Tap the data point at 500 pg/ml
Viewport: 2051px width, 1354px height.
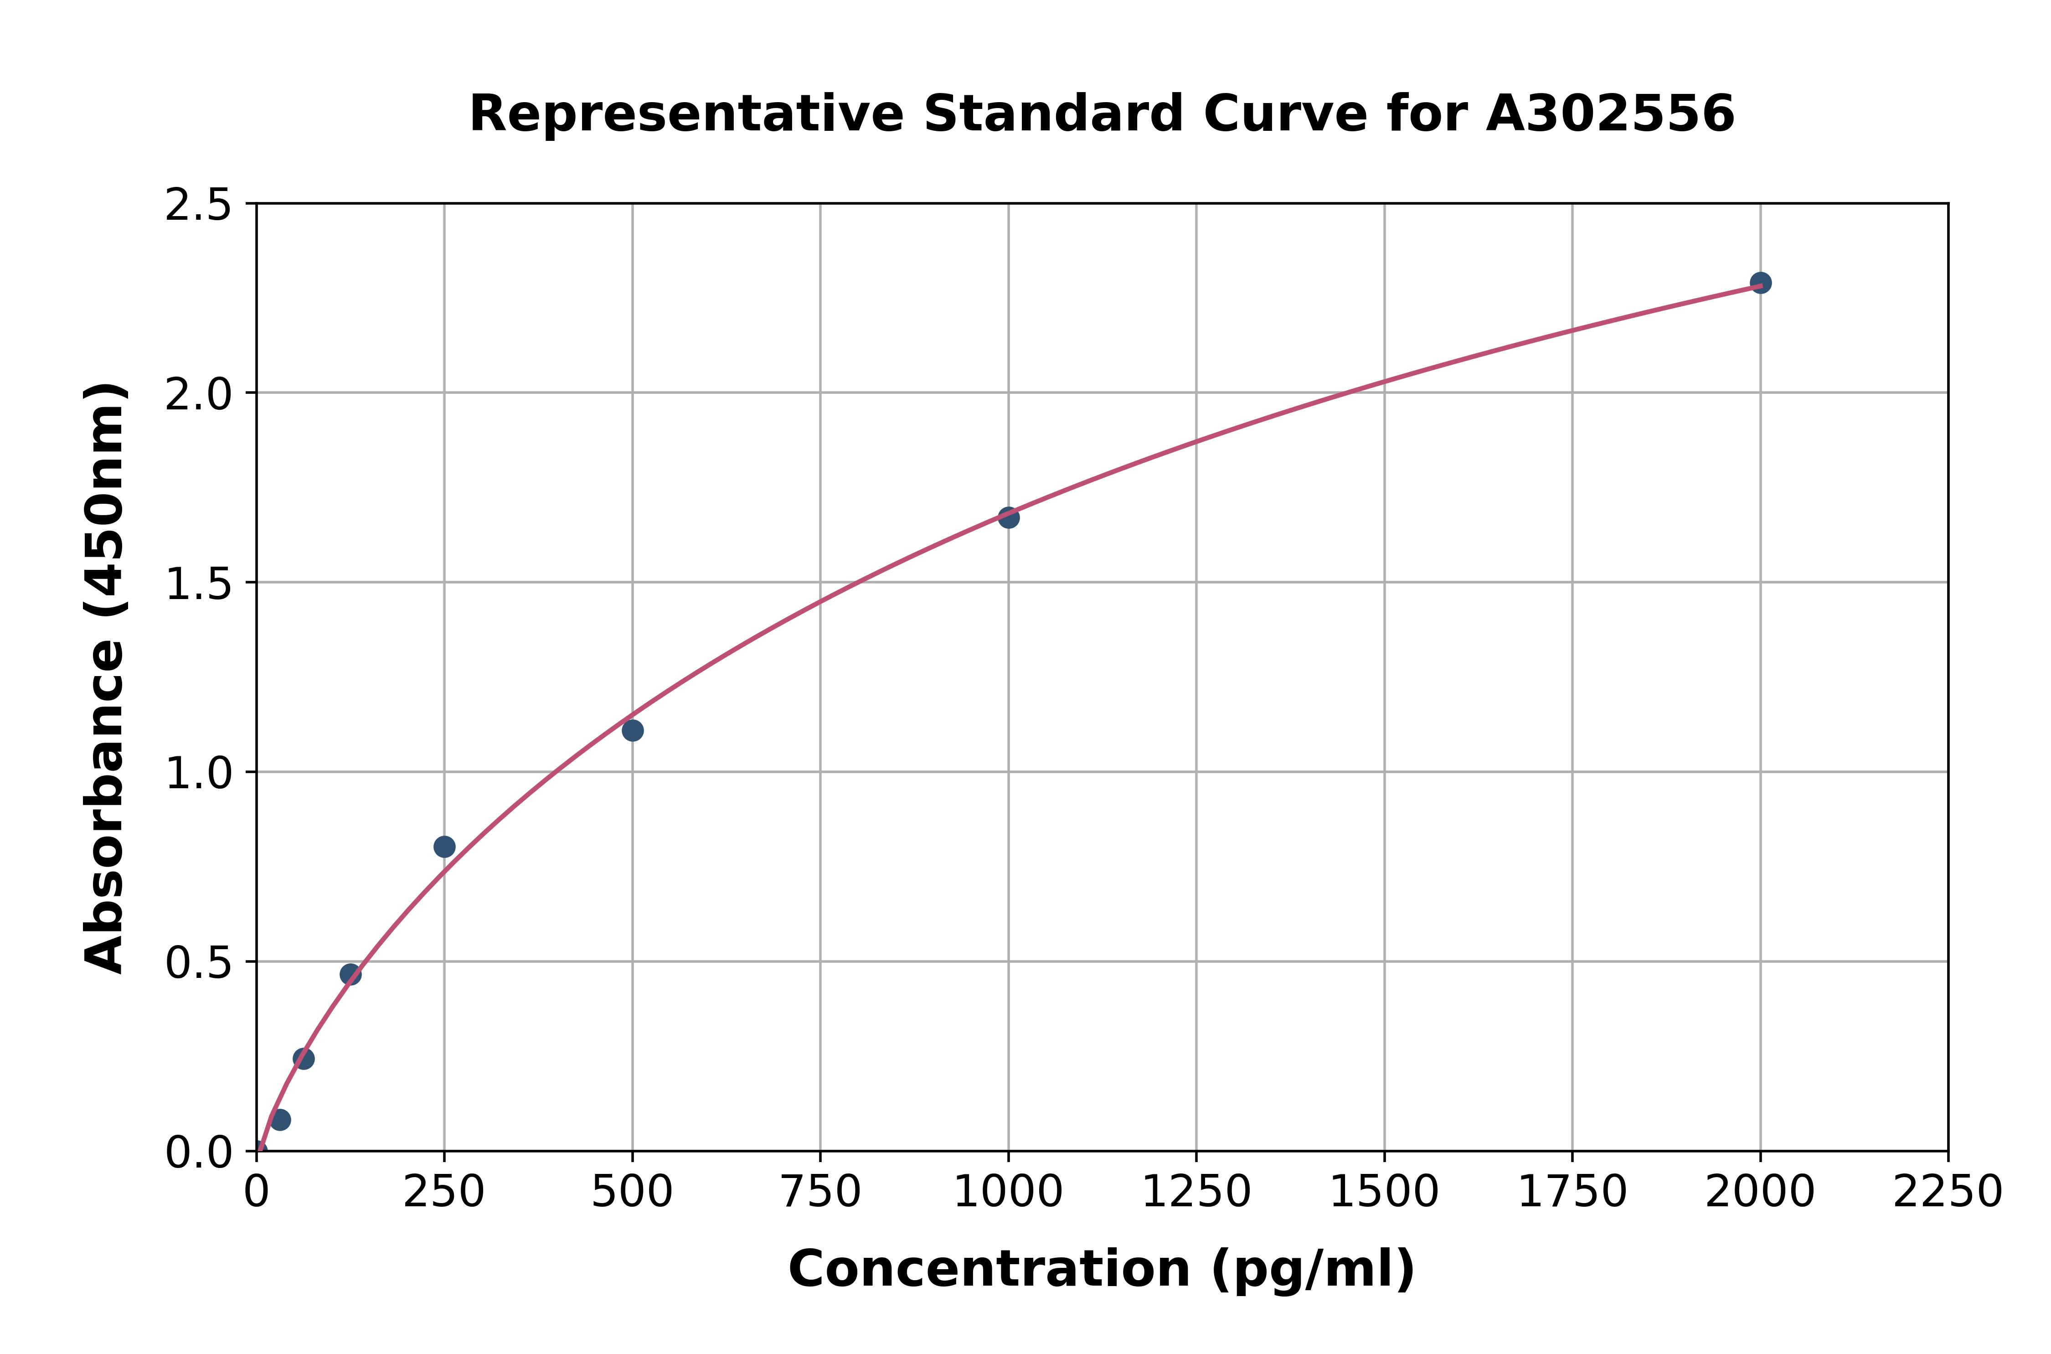[x=632, y=730]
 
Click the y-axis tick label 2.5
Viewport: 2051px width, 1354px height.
[x=199, y=206]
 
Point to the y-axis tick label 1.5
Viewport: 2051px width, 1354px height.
[x=199, y=584]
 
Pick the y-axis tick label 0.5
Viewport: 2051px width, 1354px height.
[x=199, y=962]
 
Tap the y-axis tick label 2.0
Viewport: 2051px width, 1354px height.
[x=199, y=395]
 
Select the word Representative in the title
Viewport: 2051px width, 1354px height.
[x=686, y=114]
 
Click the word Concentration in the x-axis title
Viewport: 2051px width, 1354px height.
[x=989, y=1269]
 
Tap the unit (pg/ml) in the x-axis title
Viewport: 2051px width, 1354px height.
[x=1312, y=1269]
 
